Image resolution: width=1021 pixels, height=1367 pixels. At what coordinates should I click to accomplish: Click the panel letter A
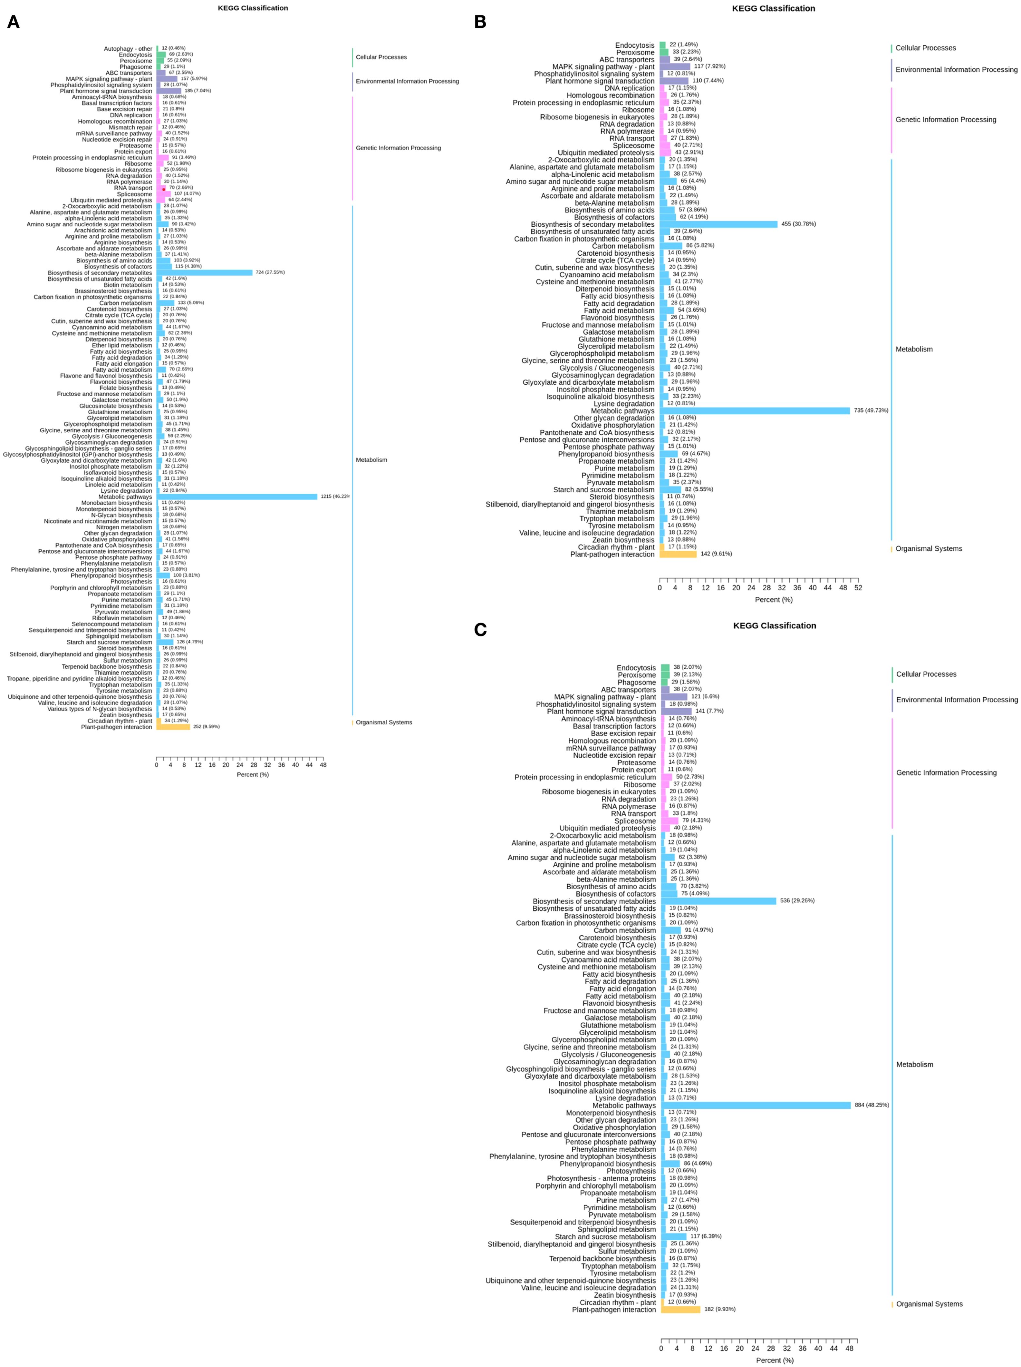pyautogui.click(x=13, y=22)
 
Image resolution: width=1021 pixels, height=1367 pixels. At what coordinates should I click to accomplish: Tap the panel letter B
pyautogui.click(x=480, y=22)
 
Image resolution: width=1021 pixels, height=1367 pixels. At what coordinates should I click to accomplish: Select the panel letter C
pyautogui.click(x=480, y=630)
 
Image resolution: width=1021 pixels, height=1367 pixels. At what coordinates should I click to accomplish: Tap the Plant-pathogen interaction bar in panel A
pyautogui.click(x=173, y=727)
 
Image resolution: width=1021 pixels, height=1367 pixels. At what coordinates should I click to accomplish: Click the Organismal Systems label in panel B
pyautogui.click(x=928, y=549)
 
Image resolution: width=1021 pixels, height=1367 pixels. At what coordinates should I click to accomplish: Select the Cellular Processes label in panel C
pyautogui.click(x=926, y=674)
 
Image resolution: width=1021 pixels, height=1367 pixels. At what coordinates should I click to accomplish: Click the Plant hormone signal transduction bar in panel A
pyautogui.click(x=169, y=91)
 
